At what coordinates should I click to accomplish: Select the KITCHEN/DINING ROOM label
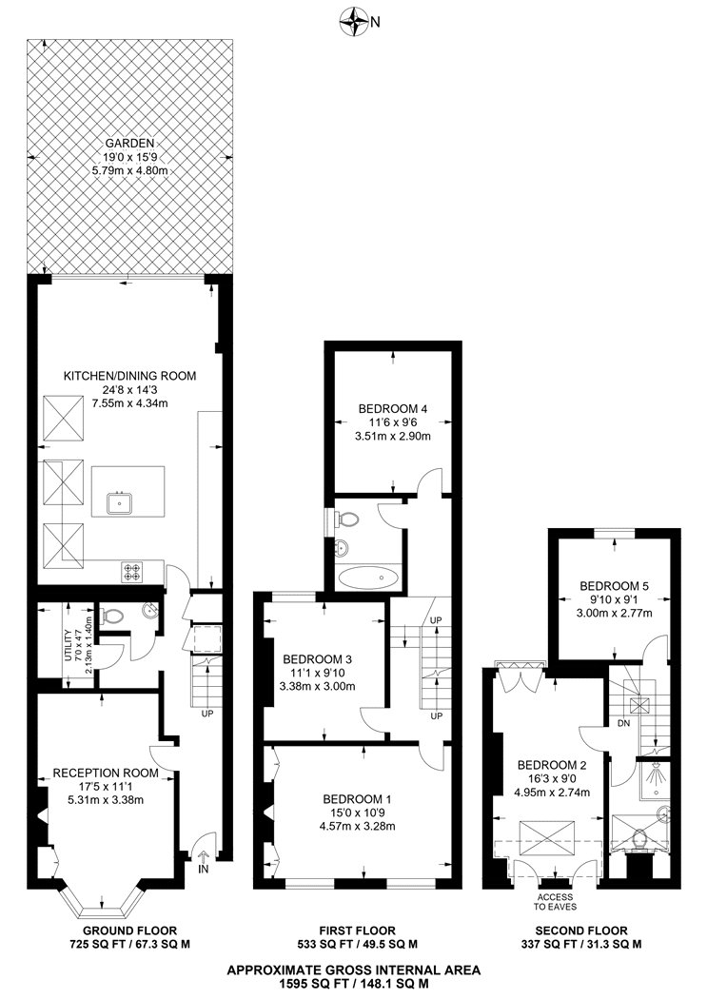pos(129,376)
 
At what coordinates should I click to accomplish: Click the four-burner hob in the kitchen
pos(132,572)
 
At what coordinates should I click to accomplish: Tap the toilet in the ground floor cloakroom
pos(112,617)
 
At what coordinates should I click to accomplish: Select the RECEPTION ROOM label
pos(105,774)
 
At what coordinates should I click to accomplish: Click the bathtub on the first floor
pos(369,578)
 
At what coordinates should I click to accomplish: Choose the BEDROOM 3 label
pos(317,659)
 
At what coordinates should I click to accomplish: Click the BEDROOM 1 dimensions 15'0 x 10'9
pos(357,813)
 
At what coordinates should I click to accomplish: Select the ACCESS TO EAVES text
pos(554,902)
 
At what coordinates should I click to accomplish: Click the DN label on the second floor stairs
pos(624,724)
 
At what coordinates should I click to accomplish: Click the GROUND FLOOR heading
pos(130,930)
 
